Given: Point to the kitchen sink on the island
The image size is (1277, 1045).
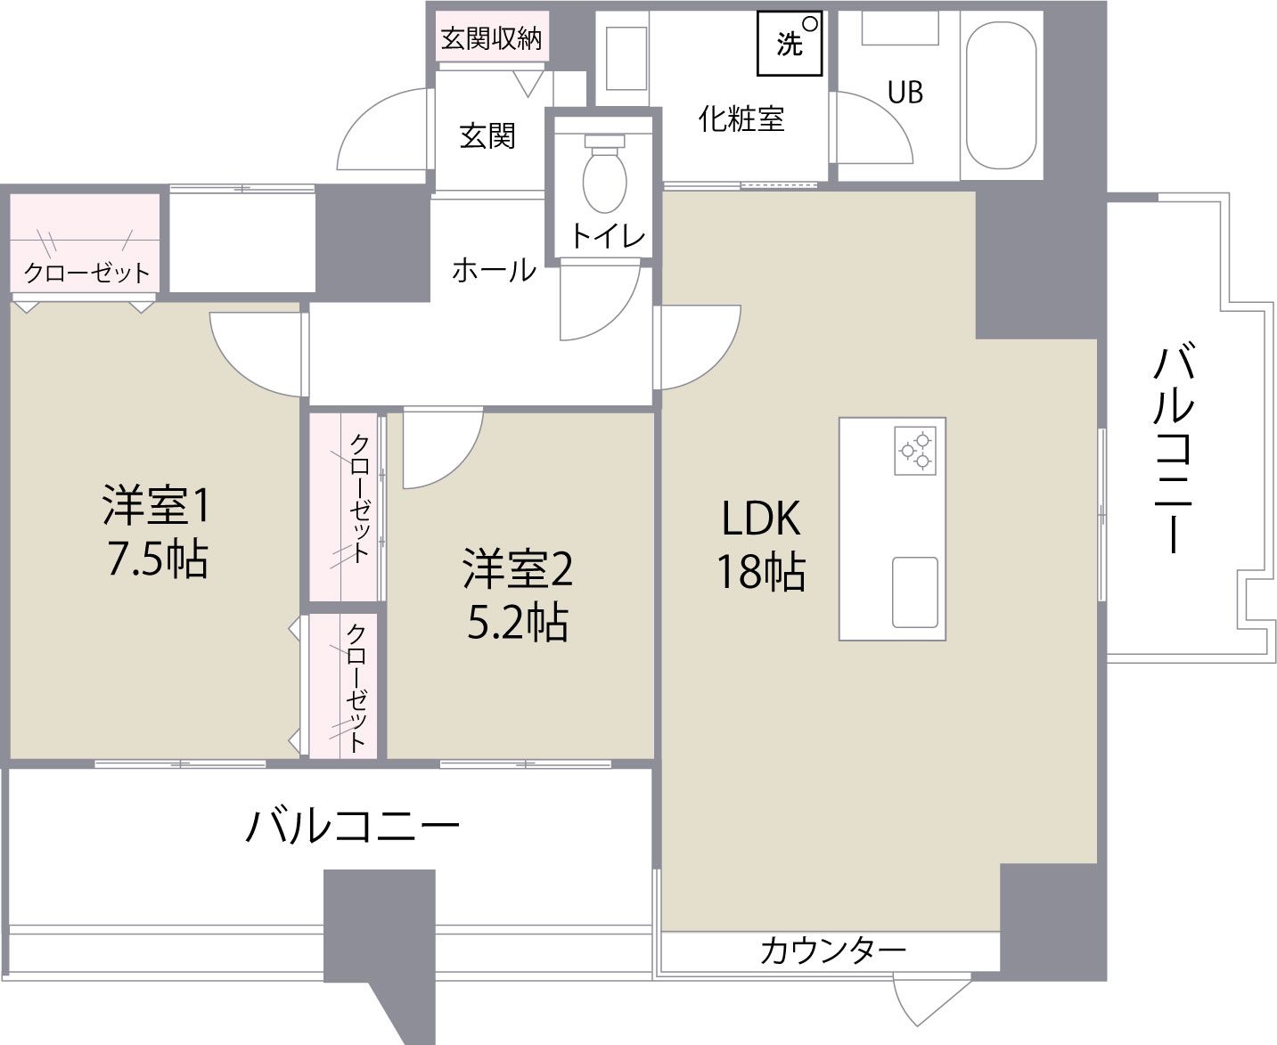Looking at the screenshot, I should [x=915, y=592].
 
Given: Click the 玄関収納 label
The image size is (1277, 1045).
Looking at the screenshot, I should [x=492, y=38].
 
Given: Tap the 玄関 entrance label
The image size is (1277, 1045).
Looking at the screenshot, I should [x=487, y=135].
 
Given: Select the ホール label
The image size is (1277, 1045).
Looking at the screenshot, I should [x=494, y=269].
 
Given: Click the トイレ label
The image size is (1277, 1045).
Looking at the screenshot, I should [x=607, y=236].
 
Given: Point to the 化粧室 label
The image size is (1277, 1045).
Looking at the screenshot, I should [x=741, y=118].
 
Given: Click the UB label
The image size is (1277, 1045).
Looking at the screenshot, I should [x=905, y=93].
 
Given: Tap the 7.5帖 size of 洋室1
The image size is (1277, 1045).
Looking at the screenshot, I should [x=158, y=560].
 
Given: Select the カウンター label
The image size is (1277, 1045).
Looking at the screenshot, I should [x=832, y=951].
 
